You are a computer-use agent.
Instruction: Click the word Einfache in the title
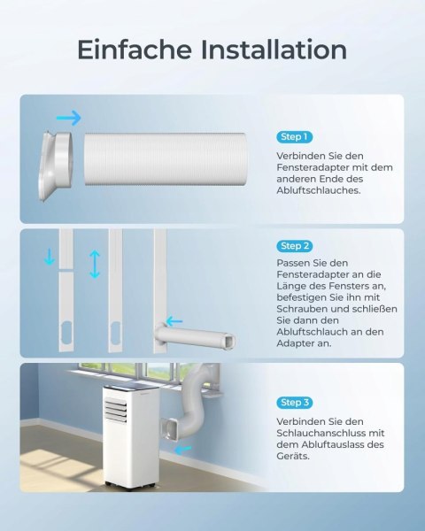(x=135, y=50)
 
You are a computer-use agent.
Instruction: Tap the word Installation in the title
(x=274, y=50)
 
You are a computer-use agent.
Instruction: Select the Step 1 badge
(x=294, y=137)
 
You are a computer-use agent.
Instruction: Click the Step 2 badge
(x=294, y=246)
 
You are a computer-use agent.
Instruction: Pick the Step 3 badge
(x=294, y=403)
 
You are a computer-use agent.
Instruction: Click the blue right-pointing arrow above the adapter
(x=69, y=118)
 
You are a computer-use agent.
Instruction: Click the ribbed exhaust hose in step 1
(x=165, y=159)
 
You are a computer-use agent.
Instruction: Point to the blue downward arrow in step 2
(x=50, y=257)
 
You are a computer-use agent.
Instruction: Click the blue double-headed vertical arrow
(x=95, y=264)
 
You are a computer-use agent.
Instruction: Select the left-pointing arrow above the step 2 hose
(x=174, y=320)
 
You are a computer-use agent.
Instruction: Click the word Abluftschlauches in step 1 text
(x=319, y=190)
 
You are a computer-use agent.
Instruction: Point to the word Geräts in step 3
(x=288, y=456)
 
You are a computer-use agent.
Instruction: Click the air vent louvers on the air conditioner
(x=116, y=411)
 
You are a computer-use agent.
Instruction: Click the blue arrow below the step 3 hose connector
(x=183, y=450)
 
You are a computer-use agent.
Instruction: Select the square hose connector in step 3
(x=170, y=429)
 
